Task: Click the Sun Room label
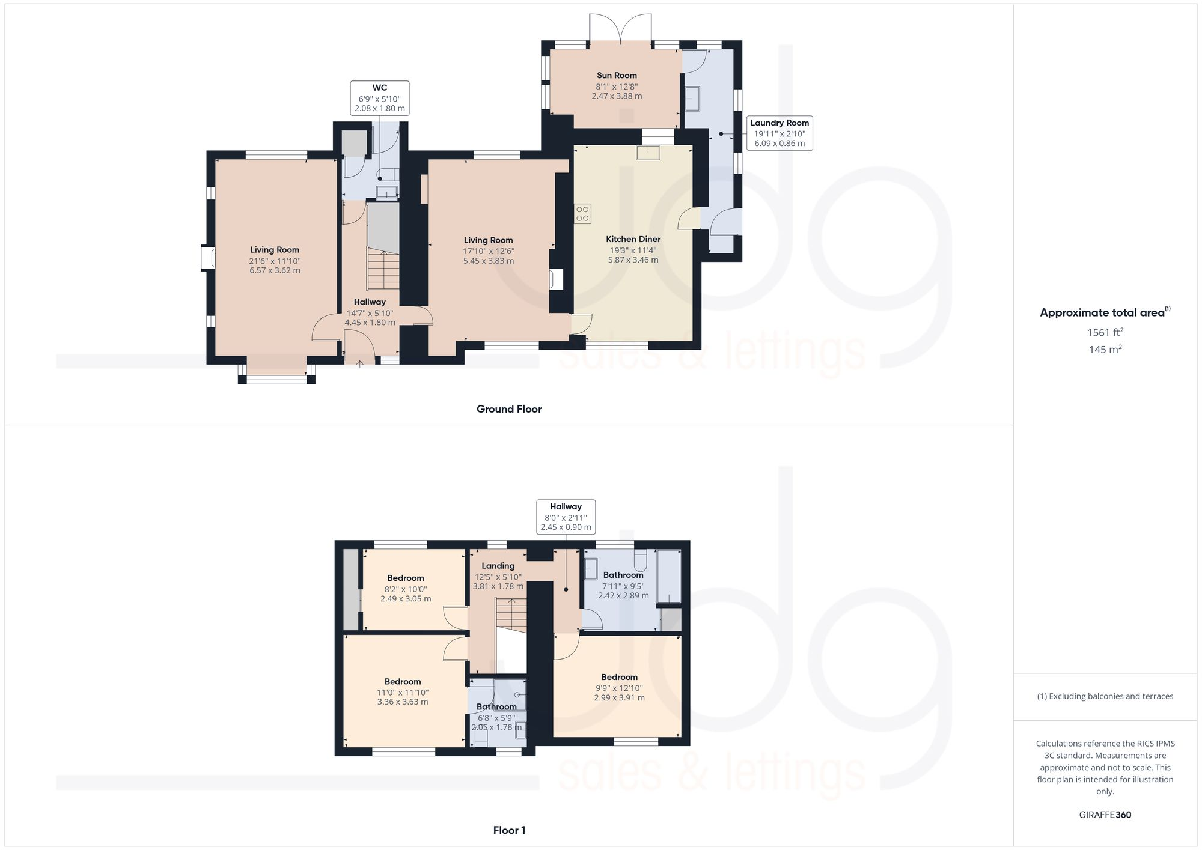617,76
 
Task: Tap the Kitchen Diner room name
633,239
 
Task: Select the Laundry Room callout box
779,133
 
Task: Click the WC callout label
379,98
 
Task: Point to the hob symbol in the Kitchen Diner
582,214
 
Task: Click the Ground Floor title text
509,409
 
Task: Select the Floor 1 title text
509,830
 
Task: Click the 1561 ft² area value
1105,332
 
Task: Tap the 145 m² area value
1105,350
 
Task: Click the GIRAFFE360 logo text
1105,815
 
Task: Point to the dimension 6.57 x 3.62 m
275,270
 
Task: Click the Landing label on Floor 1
498,566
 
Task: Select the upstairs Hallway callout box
566,517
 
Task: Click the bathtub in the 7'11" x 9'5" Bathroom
669,575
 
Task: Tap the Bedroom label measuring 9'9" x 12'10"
619,677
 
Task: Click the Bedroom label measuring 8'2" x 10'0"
405,578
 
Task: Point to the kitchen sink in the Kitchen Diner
648,153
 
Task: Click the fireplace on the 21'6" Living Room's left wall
208,258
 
